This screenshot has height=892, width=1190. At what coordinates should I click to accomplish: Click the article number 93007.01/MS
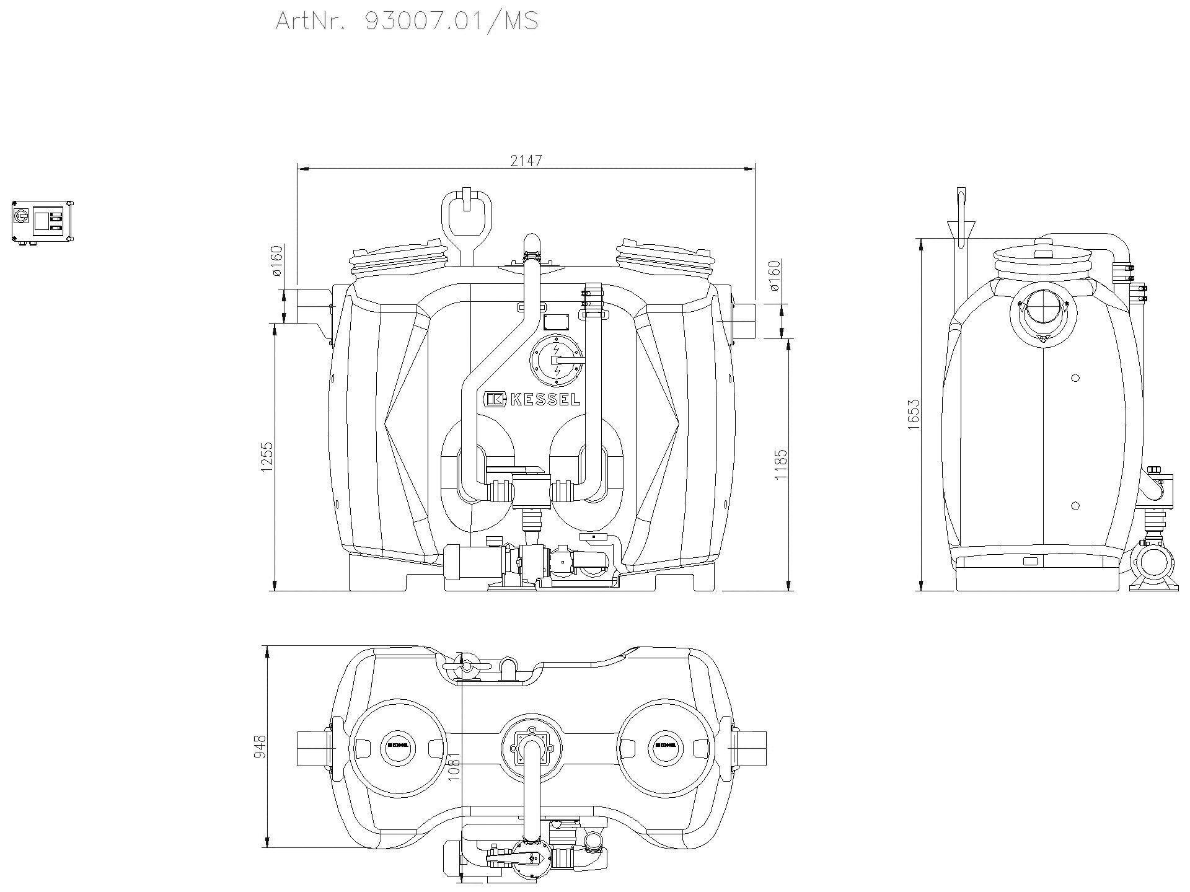pyautogui.click(x=451, y=20)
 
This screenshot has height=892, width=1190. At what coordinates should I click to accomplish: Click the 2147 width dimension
pyautogui.click(x=526, y=161)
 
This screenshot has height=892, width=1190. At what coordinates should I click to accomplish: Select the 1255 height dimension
pyautogui.click(x=267, y=457)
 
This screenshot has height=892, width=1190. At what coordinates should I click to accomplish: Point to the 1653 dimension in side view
pyautogui.click(x=914, y=415)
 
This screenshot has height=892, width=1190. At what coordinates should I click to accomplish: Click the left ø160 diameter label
pyautogui.click(x=277, y=261)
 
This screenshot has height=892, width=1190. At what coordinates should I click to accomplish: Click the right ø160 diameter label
pyautogui.click(x=774, y=276)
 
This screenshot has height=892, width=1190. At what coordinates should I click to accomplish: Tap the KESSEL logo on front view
pyautogui.click(x=532, y=400)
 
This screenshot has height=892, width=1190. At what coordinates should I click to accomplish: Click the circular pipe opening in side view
pyautogui.click(x=1043, y=308)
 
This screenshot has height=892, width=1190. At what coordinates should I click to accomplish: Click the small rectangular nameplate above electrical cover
pyautogui.click(x=556, y=322)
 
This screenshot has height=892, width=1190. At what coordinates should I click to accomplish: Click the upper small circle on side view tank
pyautogui.click(x=1075, y=378)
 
